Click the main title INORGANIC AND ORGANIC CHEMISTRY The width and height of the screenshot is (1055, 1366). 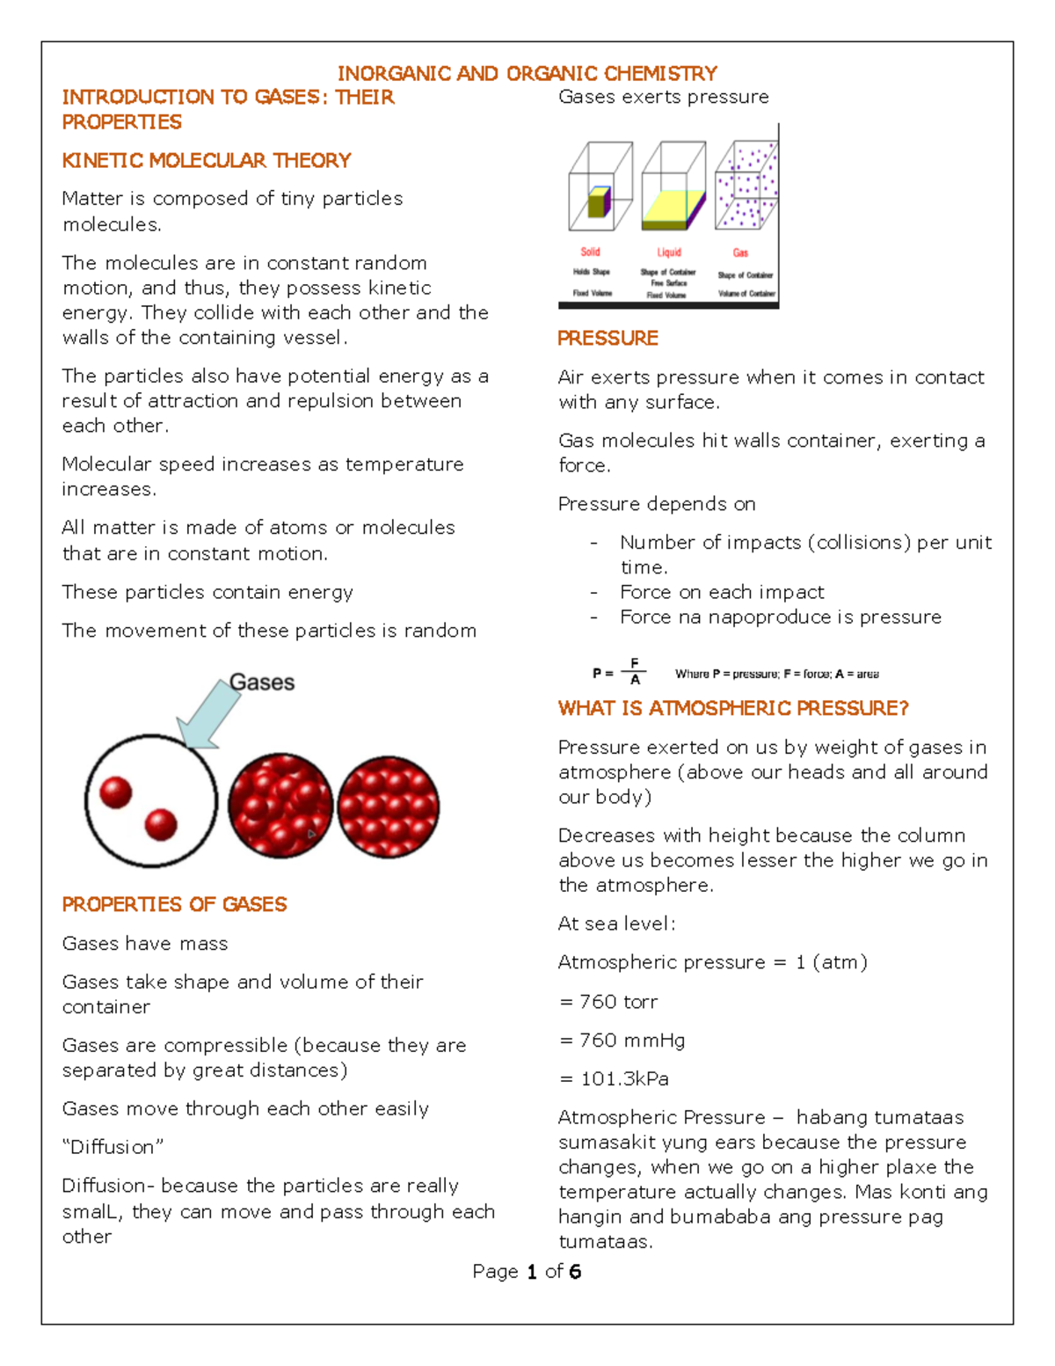click(x=527, y=73)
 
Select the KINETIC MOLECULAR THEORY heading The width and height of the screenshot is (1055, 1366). click(x=207, y=160)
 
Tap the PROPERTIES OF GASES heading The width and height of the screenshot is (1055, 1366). click(x=174, y=904)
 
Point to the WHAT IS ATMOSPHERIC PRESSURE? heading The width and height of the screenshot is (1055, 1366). click(x=733, y=708)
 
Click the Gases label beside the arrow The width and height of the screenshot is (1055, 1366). click(x=262, y=683)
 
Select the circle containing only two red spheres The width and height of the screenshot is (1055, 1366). click(x=151, y=801)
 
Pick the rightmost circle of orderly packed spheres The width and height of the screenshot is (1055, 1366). click(x=388, y=806)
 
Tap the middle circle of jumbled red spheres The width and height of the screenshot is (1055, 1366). click(x=280, y=806)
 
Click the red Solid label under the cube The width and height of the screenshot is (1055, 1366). click(x=590, y=252)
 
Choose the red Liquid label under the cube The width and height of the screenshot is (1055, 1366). click(x=669, y=252)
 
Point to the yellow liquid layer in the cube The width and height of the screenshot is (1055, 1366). click(x=670, y=209)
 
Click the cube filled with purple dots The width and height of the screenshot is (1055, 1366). click(x=746, y=186)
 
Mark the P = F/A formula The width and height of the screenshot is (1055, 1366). click(x=619, y=673)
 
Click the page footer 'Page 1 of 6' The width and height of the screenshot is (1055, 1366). click(x=527, y=1271)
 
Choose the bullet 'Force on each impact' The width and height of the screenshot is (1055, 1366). click(x=722, y=592)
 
